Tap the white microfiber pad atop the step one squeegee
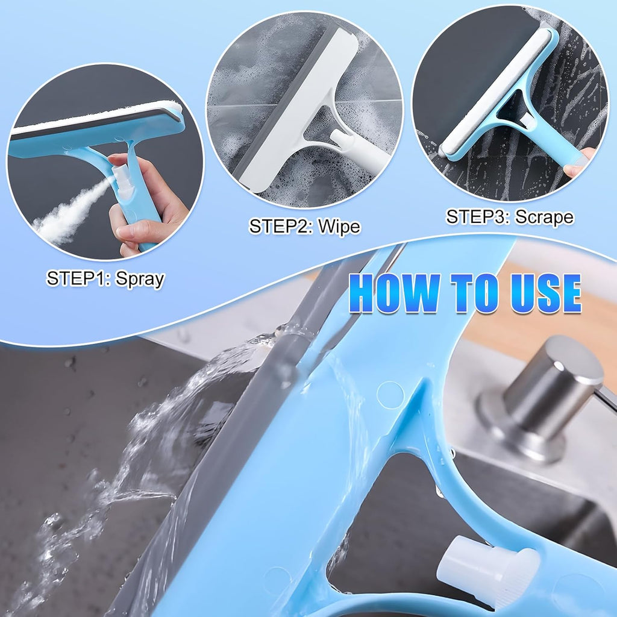[96, 118]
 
